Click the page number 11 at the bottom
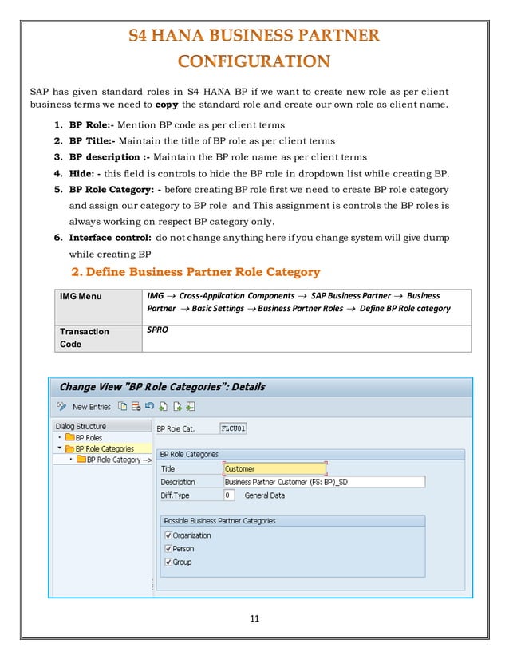pyautogui.click(x=254, y=617)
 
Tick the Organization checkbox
pyautogui.click(x=167, y=535)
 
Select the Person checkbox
pyautogui.click(x=167, y=549)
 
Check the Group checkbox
pyautogui.click(x=167, y=562)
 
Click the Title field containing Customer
pyautogui.click(x=274, y=469)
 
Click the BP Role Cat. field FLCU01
pyautogui.click(x=234, y=428)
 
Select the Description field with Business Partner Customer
pyautogui.click(x=323, y=482)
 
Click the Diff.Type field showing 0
pyautogui.click(x=228, y=495)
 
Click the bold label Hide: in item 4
pyautogui.click(x=84, y=173)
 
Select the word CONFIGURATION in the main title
pyautogui.click(x=254, y=61)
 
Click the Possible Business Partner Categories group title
pyautogui.click(x=219, y=521)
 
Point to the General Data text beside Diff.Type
pyautogui.click(x=264, y=495)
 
